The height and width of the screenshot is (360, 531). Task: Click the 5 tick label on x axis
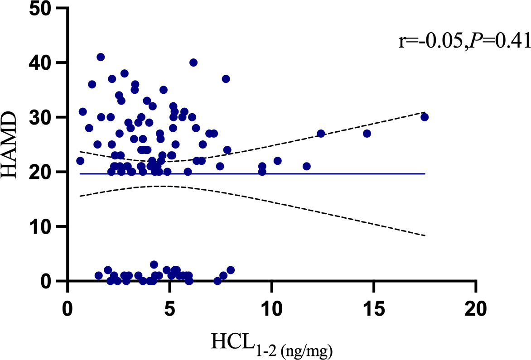pyautogui.click(x=169, y=312)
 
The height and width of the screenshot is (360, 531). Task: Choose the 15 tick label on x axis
pyautogui.click(x=374, y=312)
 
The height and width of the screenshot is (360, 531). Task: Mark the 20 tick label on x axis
pyautogui.click(x=476, y=312)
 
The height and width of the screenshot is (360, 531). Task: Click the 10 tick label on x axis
pyautogui.click(x=271, y=312)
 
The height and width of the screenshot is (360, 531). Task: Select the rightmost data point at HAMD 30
pyautogui.click(x=425, y=117)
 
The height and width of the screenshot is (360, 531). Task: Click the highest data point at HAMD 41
pyautogui.click(x=101, y=57)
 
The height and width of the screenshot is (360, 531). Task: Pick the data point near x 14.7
pyautogui.click(x=367, y=134)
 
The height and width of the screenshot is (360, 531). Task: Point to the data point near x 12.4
pyautogui.click(x=321, y=134)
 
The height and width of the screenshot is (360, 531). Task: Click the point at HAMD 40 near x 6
pyautogui.click(x=193, y=62)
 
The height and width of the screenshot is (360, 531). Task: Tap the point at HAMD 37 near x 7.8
pyautogui.click(x=226, y=79)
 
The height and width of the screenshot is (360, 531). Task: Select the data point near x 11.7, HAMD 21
pyautogui.click(x=307, y=166)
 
